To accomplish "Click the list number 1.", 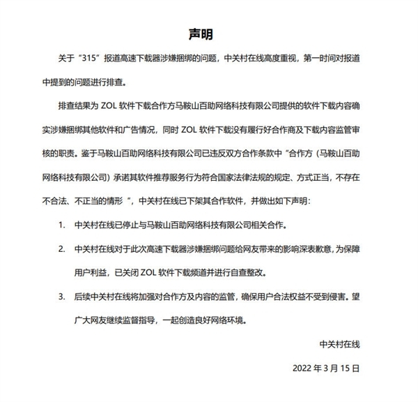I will (61, 226).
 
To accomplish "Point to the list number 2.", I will (61, 248).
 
